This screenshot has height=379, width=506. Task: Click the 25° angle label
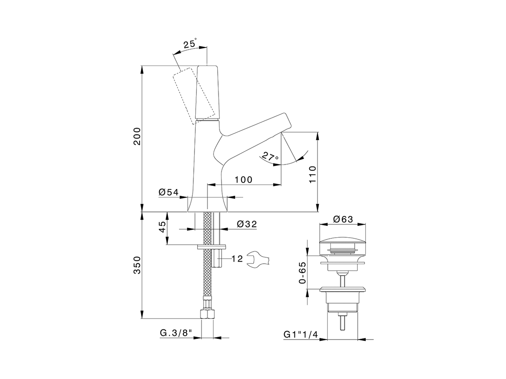click(190, 44)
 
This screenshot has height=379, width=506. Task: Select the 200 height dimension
click(137, 136)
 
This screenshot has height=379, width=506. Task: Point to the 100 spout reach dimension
click(243, 180)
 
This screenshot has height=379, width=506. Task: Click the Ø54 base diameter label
click(168, 192)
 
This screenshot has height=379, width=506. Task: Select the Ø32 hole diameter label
click(247, 224)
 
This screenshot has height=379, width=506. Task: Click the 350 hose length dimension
click(137, 265)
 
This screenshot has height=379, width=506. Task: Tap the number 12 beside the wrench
click(237, 259)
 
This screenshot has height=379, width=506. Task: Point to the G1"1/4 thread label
click(301, 334)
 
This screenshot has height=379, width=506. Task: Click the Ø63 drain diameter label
click(343, 219)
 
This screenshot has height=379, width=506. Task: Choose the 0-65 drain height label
click(303, 273)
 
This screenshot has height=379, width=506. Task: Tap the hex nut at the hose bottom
click(207, 314)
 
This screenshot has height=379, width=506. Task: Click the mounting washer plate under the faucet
click(211, 247)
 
